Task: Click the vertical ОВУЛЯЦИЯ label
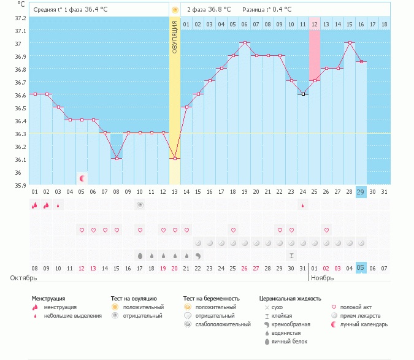[x=175, y=37]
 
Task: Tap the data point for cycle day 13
[x=175, y=158]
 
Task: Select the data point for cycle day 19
[x=245, y=42]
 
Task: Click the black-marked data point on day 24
[x=302, y=94]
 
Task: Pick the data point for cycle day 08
[x=117, y=158]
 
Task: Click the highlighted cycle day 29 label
[x=361, y=192]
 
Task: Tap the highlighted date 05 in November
[x=361, y=268]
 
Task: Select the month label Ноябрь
[x=321, y=278]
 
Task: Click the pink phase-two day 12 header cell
[x=314, y=24]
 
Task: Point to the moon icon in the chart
[x=82, y=178]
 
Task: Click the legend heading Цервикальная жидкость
[x=290, y=298]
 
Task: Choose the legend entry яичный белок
[x=291, y=341]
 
